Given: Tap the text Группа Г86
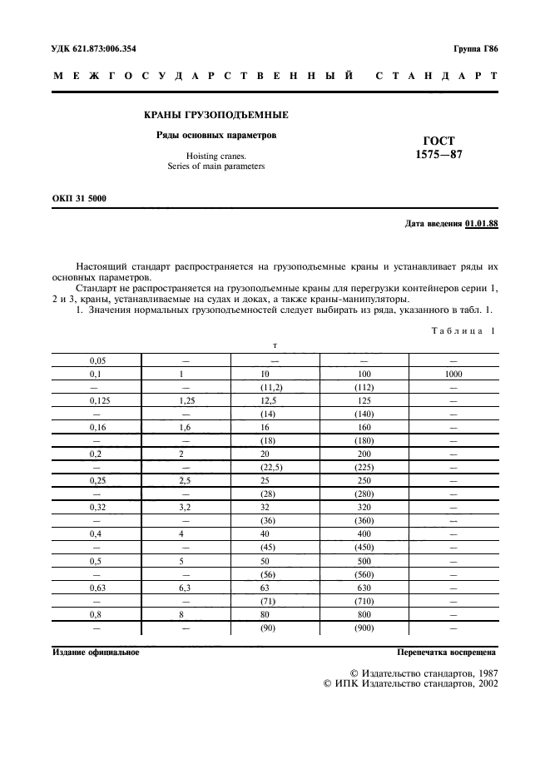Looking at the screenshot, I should [x=475, y=49].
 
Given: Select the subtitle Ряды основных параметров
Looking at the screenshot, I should [x=216, y=135].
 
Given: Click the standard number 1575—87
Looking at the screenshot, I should [x=439, y=154].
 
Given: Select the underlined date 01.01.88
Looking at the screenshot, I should [x=482, y=224].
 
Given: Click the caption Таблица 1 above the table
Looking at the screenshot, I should [x=463, y=330].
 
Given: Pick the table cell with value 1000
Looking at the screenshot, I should [x=453, y=375].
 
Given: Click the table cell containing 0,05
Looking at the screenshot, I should [x=97, y=361].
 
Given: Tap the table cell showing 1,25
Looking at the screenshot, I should [x=187, y=401].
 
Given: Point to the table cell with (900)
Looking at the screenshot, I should [x=363, y=629].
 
